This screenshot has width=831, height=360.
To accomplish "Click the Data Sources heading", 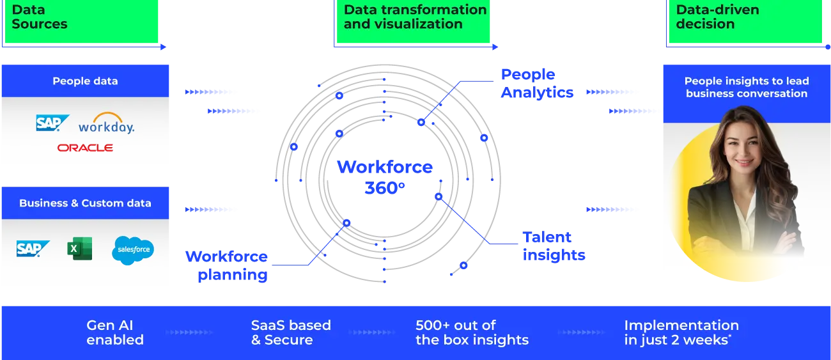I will (40, 17).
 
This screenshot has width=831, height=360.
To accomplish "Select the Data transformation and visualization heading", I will (415, 17).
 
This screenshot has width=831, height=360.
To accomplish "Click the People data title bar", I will (85, 81).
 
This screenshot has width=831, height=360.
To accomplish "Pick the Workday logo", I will (106, 123).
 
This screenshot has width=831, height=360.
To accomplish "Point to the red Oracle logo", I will (85, 148).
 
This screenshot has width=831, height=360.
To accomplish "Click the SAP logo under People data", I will (52, 123).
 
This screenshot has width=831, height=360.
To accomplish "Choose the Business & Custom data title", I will (85, 203).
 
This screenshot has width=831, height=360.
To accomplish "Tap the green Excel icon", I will (79, 249).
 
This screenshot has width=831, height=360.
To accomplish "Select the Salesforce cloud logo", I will (133, 250).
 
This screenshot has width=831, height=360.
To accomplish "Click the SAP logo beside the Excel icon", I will (33, 249).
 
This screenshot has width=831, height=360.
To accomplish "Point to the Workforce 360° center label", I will (385, 177).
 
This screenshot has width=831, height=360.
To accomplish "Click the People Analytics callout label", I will (536, 84).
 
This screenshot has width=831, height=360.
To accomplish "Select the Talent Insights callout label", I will (554, 246).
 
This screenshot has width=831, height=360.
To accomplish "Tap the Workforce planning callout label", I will (226, 266).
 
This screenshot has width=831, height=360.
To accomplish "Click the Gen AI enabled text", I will (115, 333).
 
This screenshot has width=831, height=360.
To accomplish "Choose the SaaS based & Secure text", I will (291, 333).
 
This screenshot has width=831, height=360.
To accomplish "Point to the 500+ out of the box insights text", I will (472, 333).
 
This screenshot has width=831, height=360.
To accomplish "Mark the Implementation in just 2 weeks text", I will (681, 333).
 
